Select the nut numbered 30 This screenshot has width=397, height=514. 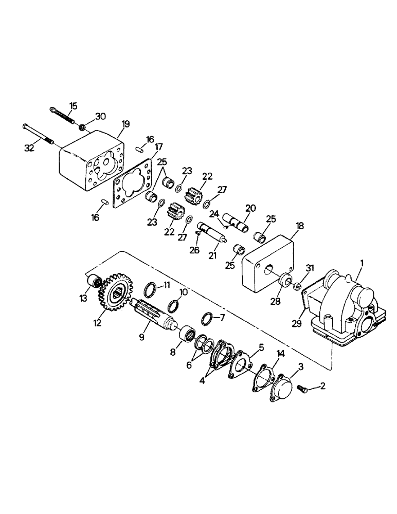point(82,126)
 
